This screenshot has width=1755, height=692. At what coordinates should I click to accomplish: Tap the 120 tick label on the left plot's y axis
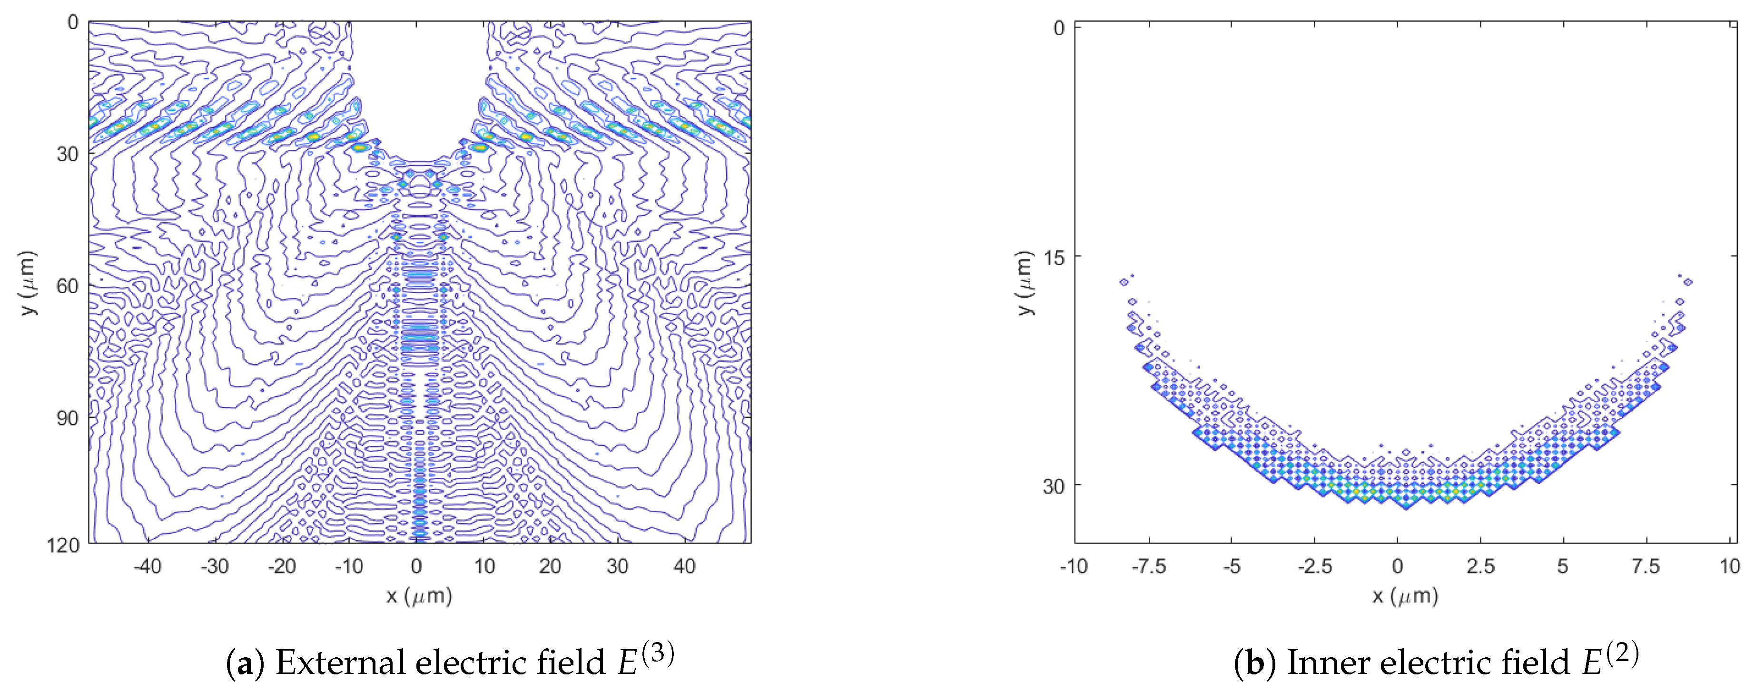[63, 545]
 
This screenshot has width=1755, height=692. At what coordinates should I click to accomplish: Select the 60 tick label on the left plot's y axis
[68, 286]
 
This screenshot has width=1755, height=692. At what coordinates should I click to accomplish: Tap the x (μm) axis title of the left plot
[419, 597]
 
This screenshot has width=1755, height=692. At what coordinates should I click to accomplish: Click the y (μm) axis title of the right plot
[1024, 283]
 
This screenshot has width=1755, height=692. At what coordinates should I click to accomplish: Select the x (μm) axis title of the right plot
[1405, 597]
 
